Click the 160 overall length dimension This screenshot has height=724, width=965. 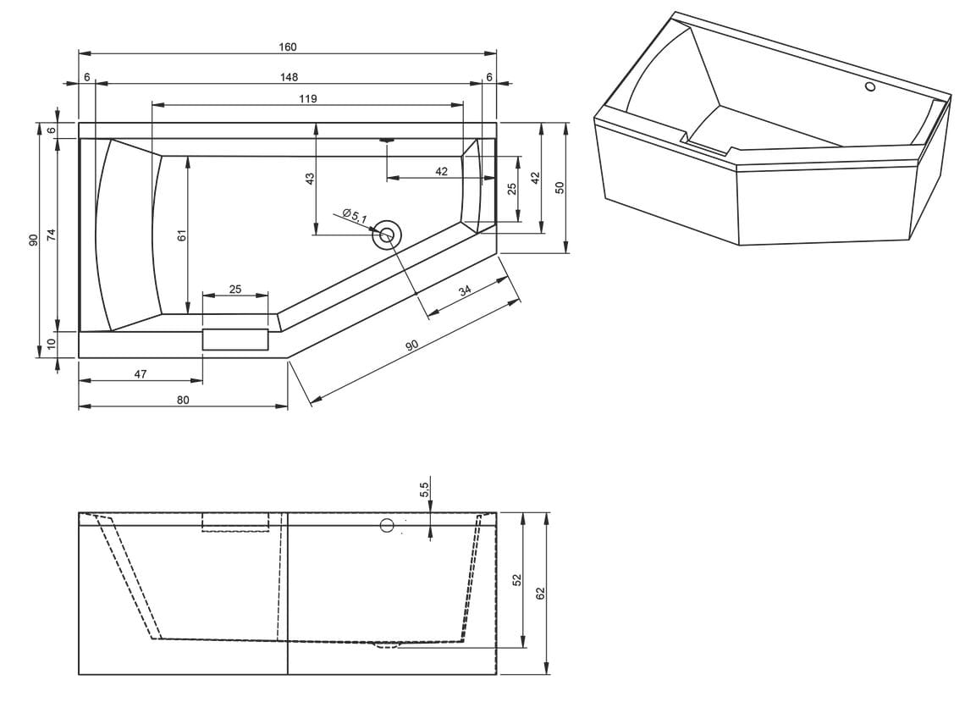point(288,47)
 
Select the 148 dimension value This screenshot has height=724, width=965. point(289,77)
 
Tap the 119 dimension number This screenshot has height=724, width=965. point(308,98)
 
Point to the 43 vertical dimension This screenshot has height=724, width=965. point(310,179)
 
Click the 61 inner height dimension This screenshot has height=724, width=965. point(181,235)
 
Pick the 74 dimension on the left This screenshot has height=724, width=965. point(52,235)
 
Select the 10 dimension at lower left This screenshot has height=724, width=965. point(52,343)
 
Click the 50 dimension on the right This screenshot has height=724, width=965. point(560,188)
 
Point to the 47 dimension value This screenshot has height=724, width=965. point(141,373)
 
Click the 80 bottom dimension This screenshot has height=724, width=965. point(183,401)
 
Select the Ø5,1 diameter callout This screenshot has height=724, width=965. point(356,216)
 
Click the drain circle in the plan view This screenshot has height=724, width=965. point(387,235)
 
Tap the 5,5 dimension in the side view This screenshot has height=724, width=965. point(424,489)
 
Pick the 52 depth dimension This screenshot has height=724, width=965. point(517,579)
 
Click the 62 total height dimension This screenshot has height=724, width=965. point(541,594)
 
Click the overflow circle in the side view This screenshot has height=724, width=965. point(387,525)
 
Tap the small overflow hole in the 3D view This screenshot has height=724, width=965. point(870,86)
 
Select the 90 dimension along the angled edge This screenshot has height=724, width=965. point(411,346)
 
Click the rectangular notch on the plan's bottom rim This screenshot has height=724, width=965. point(235,340)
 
